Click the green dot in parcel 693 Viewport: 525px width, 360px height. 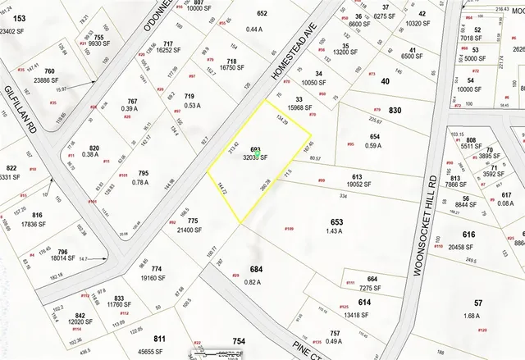pos(257,153)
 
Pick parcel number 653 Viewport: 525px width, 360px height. pos(336,221)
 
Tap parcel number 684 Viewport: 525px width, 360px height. pos(256,269)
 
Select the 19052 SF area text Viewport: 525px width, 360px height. pos(357,185)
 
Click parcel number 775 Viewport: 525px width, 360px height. pos(193,221)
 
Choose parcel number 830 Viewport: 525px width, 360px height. pos(395,111)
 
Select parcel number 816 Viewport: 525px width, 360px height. pos(38,215)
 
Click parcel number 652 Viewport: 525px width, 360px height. pos(262,14)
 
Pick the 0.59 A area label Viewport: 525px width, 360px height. pos(374,146)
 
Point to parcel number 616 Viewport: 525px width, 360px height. pos(480,235)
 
